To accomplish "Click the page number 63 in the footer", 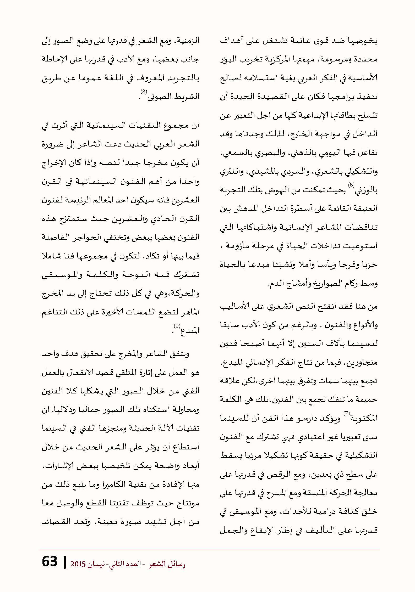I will point(50,562).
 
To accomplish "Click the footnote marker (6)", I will point(351,185).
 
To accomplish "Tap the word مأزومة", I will point(234,246).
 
